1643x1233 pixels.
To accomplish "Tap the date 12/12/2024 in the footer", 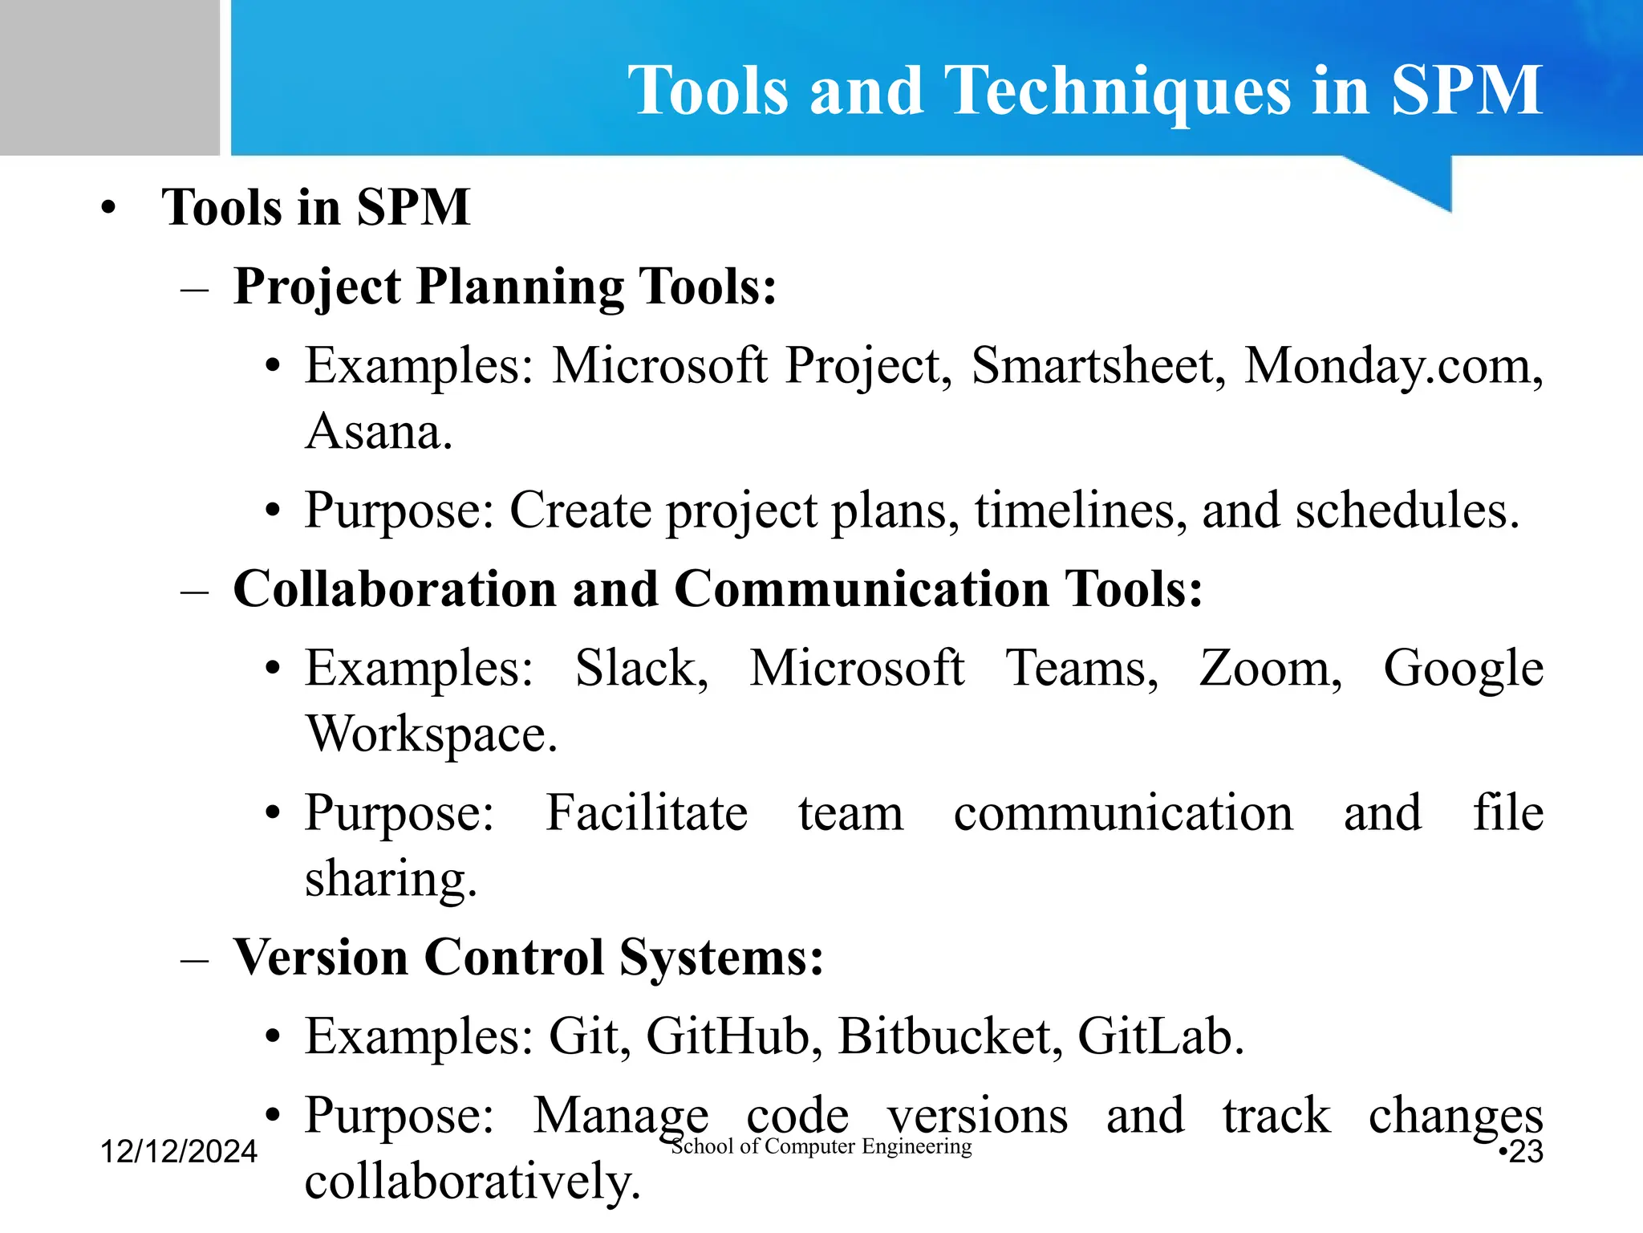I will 178,1151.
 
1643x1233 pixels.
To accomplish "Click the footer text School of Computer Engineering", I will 821,1146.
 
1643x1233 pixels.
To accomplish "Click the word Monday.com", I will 1393,365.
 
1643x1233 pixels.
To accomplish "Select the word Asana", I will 379,431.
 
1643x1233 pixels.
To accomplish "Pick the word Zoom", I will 1270,668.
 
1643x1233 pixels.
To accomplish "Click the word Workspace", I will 431,734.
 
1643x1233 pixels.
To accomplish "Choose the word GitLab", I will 1160,1036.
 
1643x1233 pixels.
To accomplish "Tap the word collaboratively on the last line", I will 473,1181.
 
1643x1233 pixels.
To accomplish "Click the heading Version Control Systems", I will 528,957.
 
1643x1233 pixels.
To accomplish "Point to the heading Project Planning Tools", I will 505,287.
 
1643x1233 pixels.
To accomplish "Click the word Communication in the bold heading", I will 862,588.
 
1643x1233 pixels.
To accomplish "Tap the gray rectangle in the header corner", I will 109,77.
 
